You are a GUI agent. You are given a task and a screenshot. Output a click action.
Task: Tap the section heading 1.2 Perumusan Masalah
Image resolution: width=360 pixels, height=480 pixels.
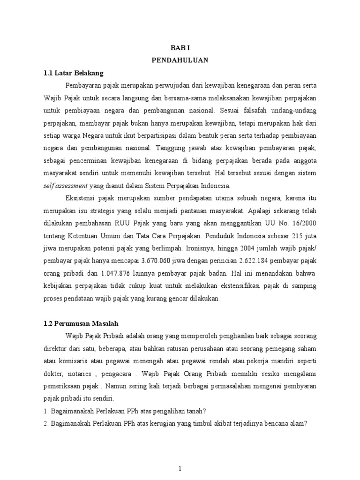[81, 323]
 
